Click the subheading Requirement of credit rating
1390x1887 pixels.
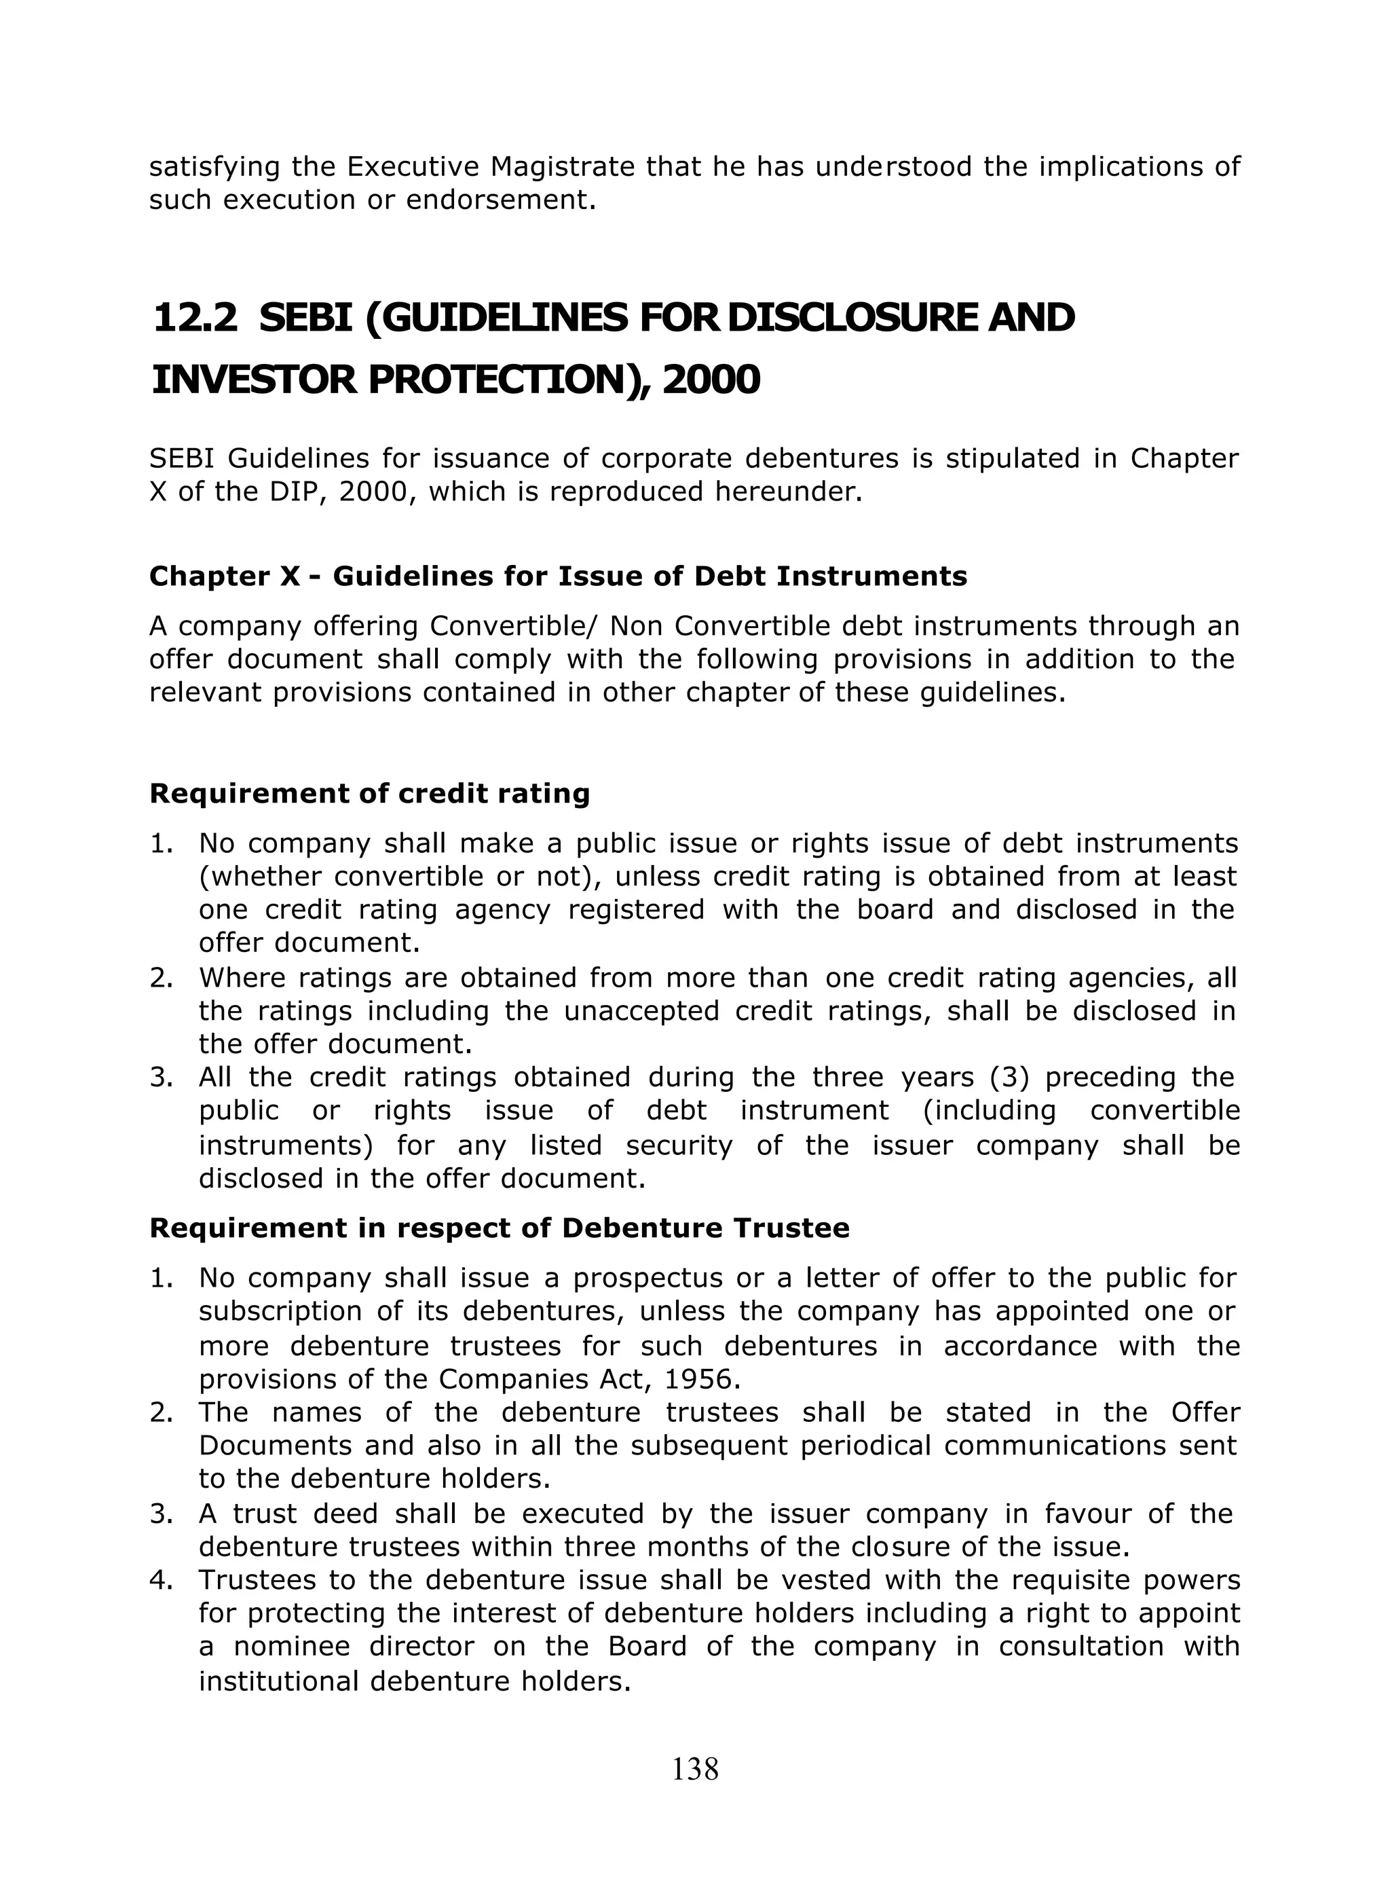[x=369, y=794]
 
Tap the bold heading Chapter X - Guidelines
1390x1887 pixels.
[x=558, y=576]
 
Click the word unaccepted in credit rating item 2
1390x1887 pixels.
[x=641, y=1011]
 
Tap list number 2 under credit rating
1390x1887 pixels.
[x=161, y=978]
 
